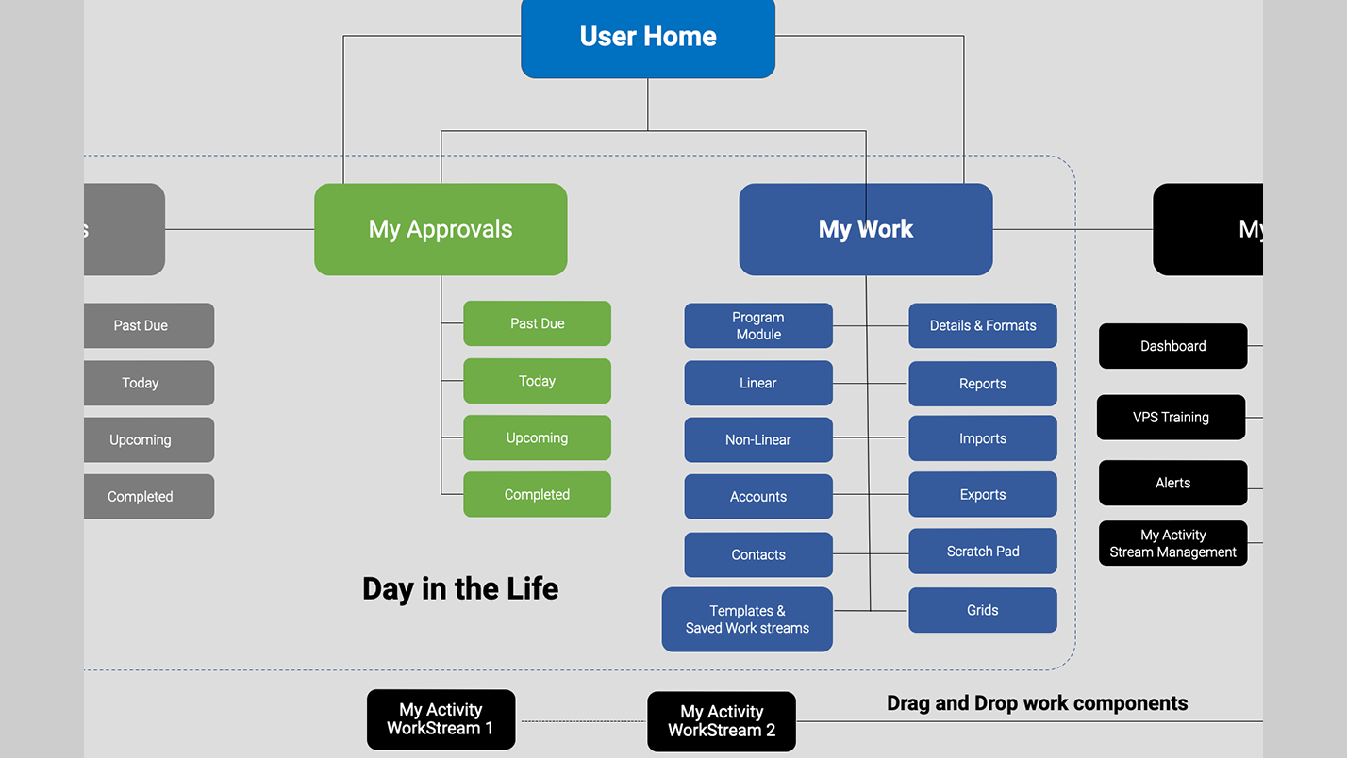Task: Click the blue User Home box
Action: point(648,38)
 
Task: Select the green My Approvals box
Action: point(441,229)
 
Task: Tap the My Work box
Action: point(865,229)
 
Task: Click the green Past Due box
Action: point(537,323)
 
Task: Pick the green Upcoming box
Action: point(537,437)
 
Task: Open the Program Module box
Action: point(758,325)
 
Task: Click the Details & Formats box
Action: point(982,325)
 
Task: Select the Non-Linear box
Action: point(758,439)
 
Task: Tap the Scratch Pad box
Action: point(982,551)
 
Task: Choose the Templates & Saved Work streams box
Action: point(747,619)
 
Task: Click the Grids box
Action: point(982,610)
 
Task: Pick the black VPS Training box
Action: point(1171,417)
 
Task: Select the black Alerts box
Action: point(1172,483)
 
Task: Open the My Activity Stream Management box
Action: point(1172,543)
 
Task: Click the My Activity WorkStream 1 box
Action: point(441,719)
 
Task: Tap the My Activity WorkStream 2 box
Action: point(722,721)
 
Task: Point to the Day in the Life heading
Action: point(460,588)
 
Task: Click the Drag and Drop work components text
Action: point(1037,703)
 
